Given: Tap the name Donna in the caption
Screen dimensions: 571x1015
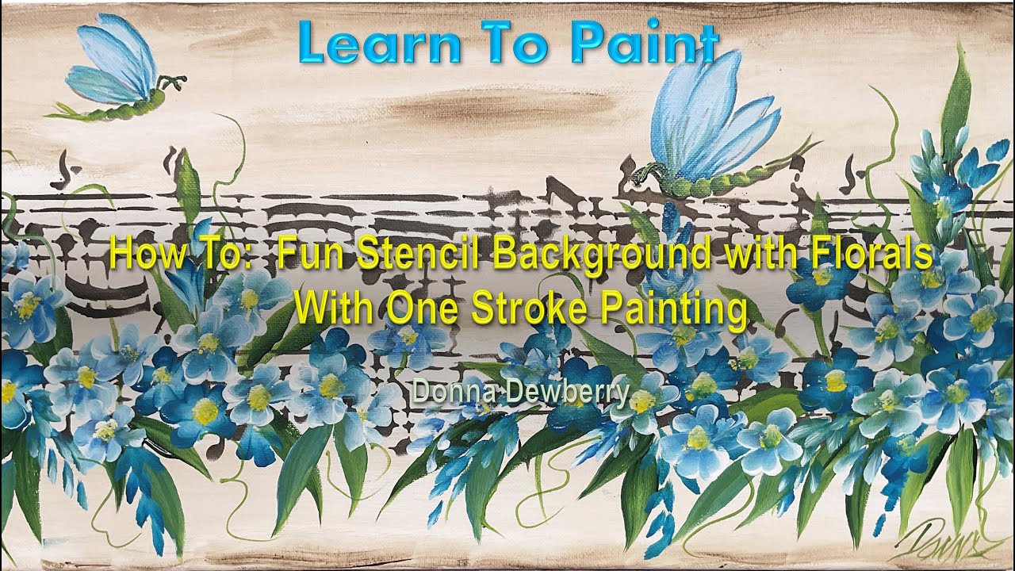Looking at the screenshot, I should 441,390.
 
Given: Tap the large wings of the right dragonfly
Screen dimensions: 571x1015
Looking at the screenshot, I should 714,119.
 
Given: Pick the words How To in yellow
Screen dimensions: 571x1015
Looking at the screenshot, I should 179,256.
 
